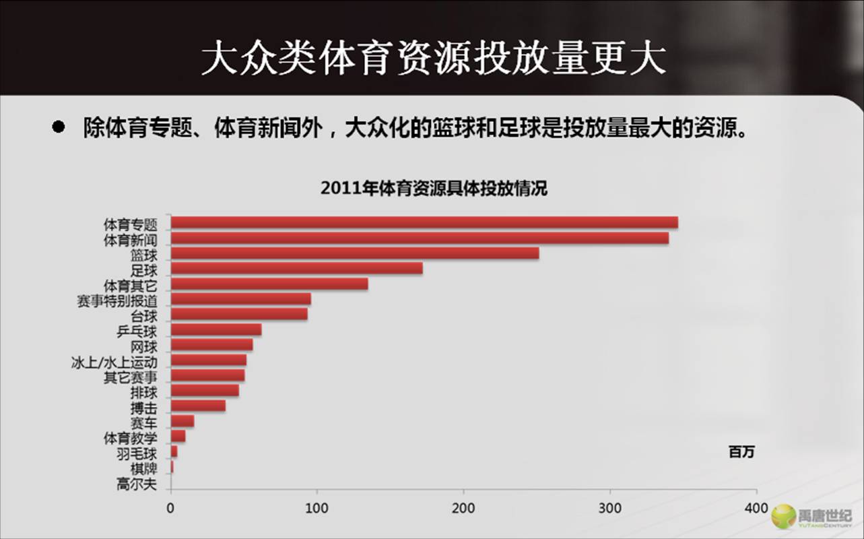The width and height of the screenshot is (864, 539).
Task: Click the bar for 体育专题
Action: [x=424, y=223]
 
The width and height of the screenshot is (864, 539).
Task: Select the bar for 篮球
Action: [x=355, y=253]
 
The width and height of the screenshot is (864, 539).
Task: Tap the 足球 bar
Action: [x=297, y=268]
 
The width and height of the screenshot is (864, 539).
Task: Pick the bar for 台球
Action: [x=239, y=314]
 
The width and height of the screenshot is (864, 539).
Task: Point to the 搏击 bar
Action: [x=198, y=406]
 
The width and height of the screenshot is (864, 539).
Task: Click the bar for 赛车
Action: [x=182, y=421]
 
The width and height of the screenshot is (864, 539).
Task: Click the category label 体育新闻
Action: [x=130, y=239]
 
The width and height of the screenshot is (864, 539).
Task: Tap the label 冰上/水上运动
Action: [x=114, y=362]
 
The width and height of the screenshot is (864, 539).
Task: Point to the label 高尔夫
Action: [x=137, y=483]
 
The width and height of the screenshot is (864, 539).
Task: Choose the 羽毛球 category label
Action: [x=137, y=453]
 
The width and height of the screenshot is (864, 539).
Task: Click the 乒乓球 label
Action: [x=137, y=331]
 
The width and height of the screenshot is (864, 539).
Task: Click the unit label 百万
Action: [x=741, y=452]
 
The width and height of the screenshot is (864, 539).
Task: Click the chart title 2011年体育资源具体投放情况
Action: [x=434, y=189]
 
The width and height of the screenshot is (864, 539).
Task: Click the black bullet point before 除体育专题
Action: [x=59, y=127]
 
